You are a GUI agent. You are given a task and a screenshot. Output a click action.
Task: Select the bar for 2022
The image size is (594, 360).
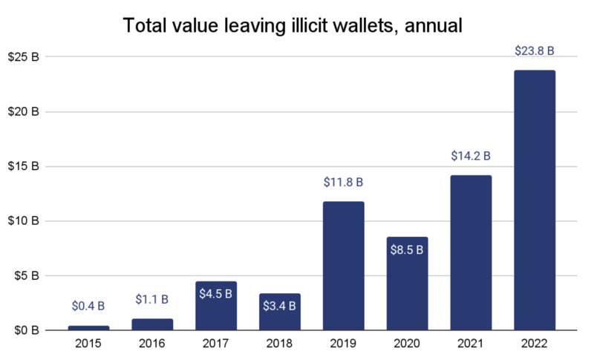click(x=534, y=200)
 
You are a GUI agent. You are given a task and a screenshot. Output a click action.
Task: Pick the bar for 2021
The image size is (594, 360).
click(x=471, y=252)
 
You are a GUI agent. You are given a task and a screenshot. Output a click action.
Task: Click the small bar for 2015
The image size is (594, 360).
click(x=88, y=328)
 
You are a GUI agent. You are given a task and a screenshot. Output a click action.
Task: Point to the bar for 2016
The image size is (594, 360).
click(x=152, y=324)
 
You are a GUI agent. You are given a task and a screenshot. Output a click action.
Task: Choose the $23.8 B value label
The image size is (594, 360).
click(x=534, y=51)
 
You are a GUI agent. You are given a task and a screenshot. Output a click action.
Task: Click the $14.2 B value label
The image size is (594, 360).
click(x=471, y=157)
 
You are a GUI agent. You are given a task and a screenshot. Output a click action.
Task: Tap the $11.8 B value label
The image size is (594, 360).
click(x=343, y=183)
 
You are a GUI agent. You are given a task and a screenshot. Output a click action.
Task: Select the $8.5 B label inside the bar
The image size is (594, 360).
click(x=407, y=249)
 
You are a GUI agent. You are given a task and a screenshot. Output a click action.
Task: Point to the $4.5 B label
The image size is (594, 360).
click(x=216, y=294)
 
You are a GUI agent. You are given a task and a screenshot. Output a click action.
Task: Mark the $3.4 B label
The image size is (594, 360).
click(x=280, y=305)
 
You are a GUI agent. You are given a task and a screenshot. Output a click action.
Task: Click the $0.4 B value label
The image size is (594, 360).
click(x=88, y=306)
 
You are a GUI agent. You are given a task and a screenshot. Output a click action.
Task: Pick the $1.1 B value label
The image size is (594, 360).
click(x=152, y=300)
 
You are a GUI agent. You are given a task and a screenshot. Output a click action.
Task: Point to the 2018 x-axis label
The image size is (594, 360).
click(x=280, y=344)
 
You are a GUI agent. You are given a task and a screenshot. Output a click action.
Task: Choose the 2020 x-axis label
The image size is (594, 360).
click(x=407, y=344)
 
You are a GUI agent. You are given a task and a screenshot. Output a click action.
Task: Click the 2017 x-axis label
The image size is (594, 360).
click(x=216, y=344)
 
